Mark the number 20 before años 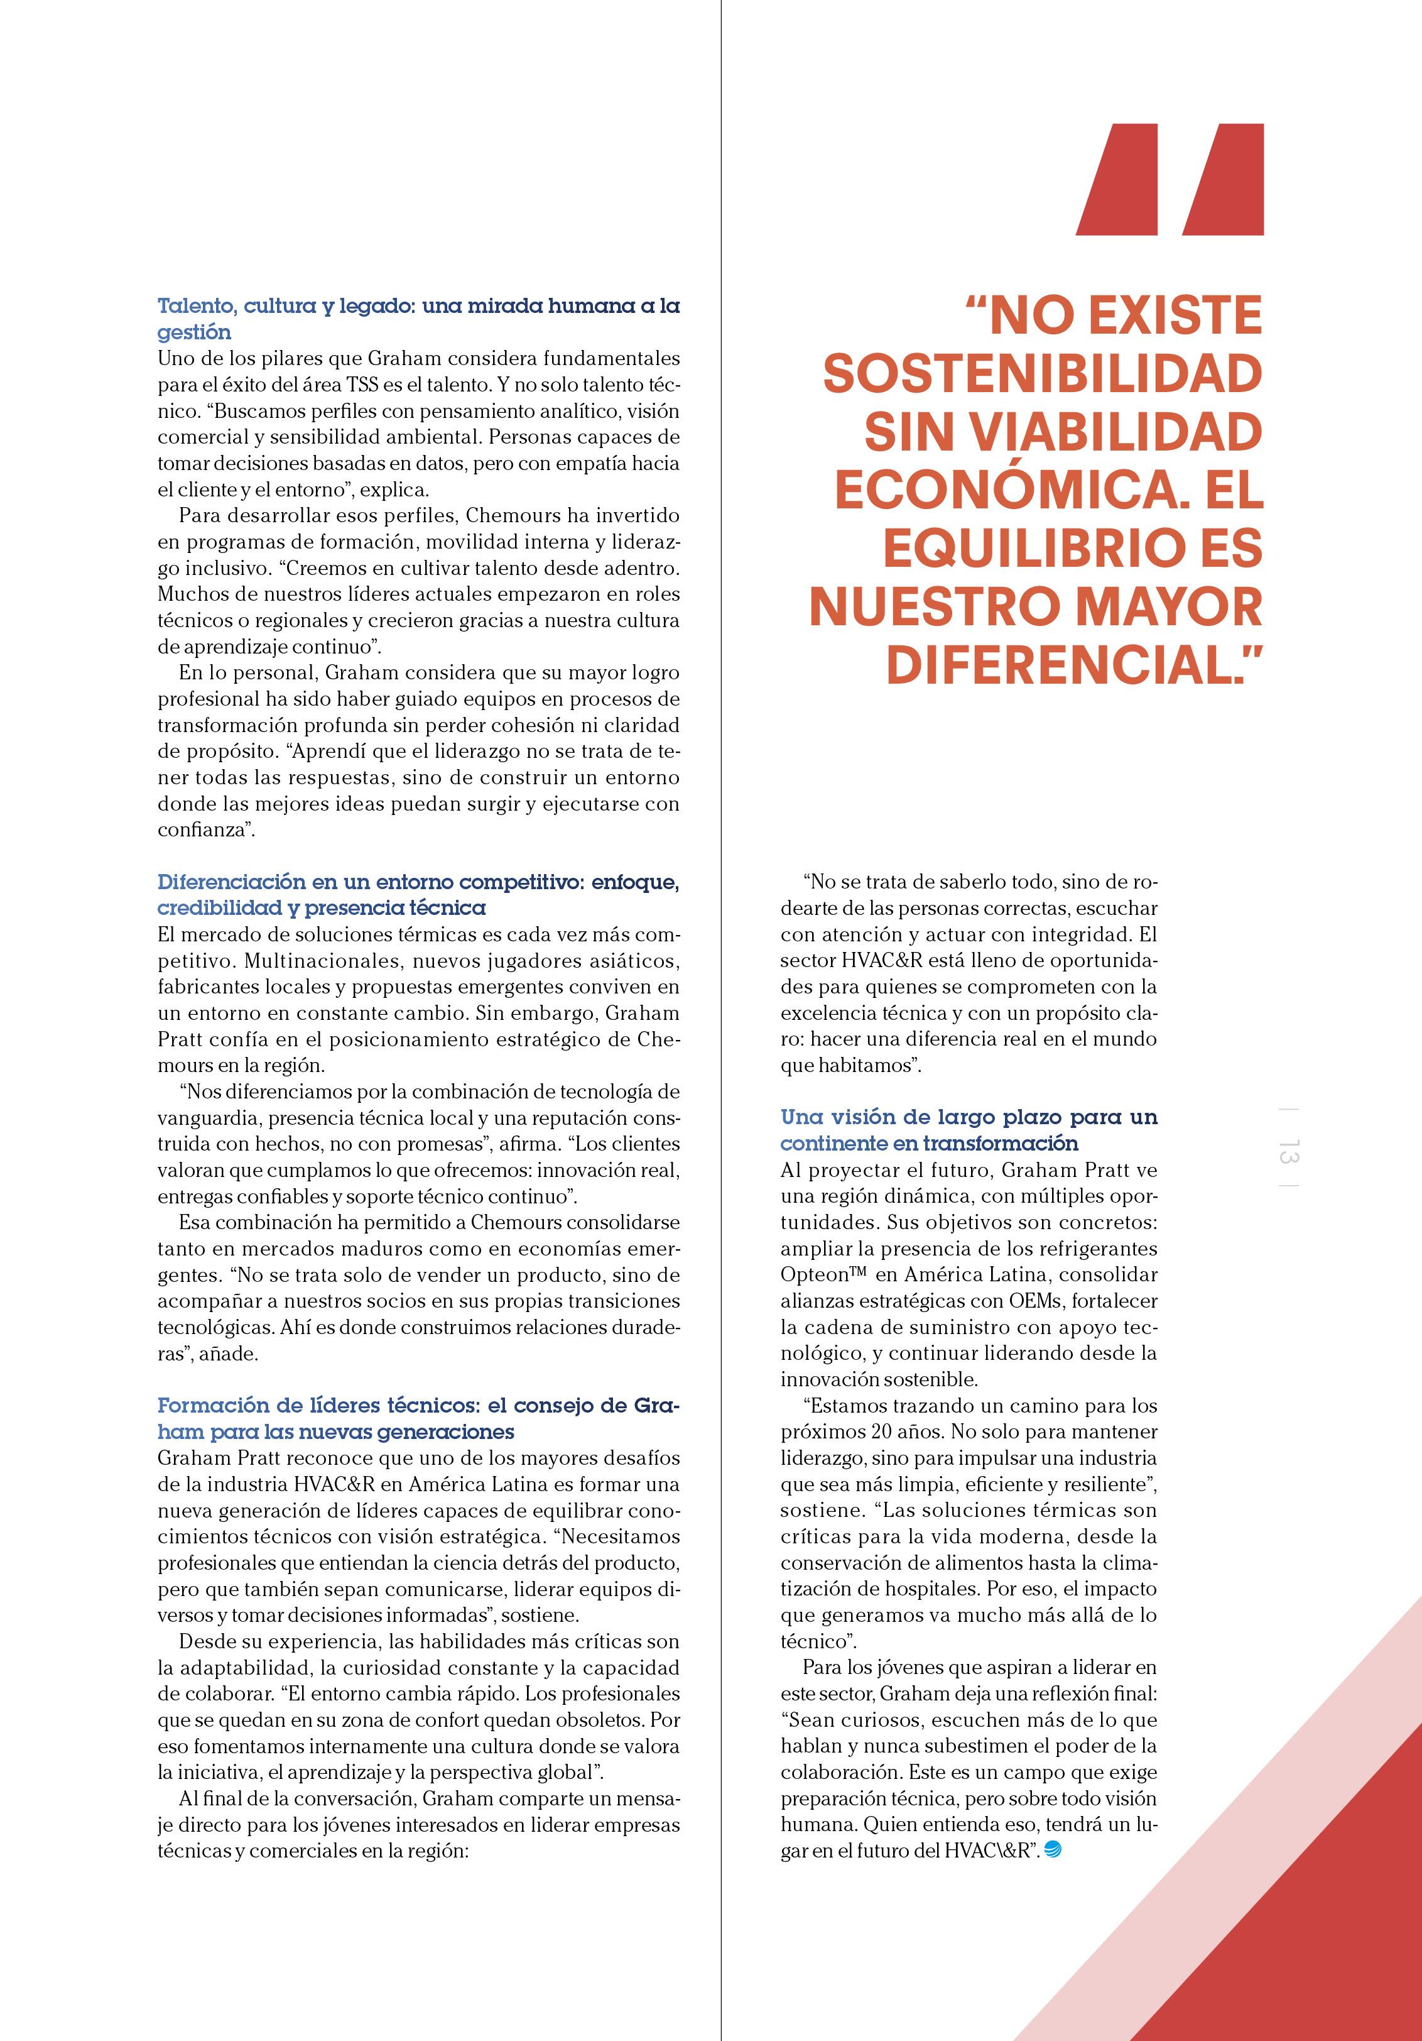point(878,1432)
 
